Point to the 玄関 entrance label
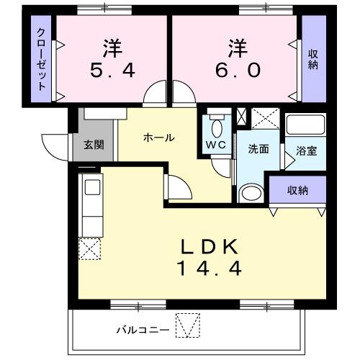94,144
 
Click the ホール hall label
158,138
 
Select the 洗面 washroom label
258,149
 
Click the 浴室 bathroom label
306,152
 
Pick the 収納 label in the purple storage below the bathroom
297,191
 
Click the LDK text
209,247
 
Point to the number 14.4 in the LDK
209,269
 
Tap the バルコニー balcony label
143,330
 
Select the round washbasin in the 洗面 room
251,193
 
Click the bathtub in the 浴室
305,125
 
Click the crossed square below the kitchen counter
91,249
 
